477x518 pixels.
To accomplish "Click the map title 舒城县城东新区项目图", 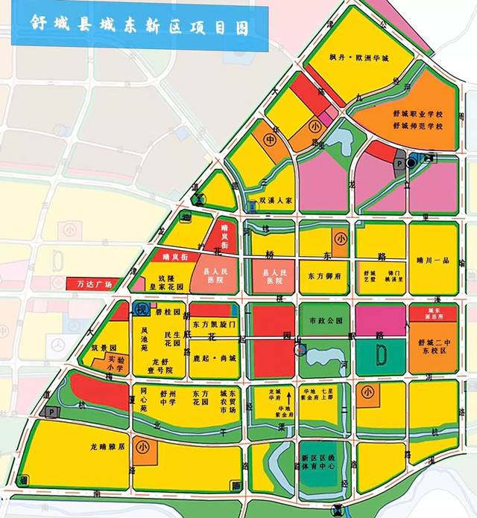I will pos(138,24).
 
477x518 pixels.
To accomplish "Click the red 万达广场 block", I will pos(95,284).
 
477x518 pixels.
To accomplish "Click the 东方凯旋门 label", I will pos(213,324).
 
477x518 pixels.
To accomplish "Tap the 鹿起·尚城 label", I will pos(212,357).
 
